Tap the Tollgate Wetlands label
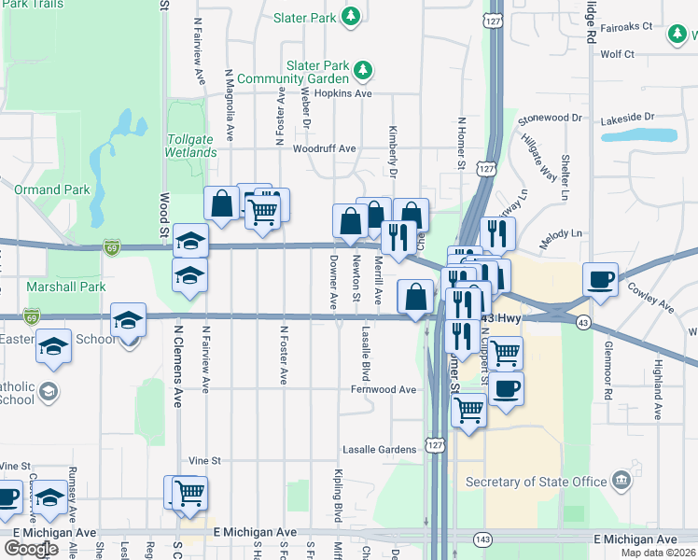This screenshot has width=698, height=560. point(189,146)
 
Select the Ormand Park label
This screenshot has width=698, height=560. point(52,189)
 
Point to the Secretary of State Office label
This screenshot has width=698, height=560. point(537,482)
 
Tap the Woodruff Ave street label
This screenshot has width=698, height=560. point(325,148)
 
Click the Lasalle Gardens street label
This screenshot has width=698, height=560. point(379,449)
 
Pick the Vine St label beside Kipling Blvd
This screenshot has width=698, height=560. point(203,461)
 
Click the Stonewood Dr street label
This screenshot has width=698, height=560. point(550,119)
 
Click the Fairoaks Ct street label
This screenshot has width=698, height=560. point(626,27)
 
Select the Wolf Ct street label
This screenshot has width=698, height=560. point(618,54)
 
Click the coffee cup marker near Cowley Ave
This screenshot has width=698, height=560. point(600,278)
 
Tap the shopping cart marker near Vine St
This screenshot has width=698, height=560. point(189,491)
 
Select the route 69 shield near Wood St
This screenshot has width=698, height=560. point(112,247)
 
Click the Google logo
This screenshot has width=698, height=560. point(31,548)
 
